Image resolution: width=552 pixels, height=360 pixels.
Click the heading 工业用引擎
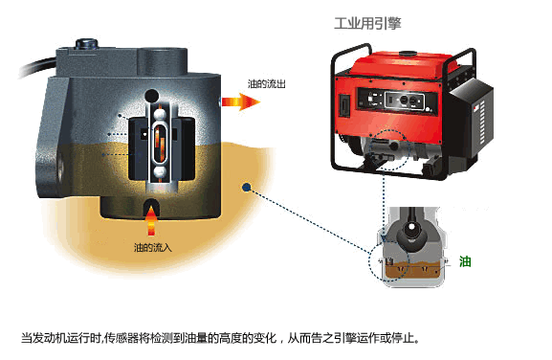(367, 24)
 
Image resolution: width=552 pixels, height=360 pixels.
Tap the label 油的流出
(267, 84)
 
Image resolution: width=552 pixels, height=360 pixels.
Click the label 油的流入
(153, 248)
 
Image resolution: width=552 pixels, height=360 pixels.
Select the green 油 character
(465, 261)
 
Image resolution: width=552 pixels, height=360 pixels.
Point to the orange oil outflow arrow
(241, 102)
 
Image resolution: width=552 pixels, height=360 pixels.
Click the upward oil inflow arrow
(151, 220)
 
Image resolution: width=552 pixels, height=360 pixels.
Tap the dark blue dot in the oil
(247, 188)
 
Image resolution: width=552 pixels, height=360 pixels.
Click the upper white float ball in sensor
(160, 114)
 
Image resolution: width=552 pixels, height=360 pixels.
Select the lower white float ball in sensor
(160, 172)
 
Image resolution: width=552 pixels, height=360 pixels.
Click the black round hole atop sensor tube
(152, 95)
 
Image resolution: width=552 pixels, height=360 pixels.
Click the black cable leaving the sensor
(37, 67)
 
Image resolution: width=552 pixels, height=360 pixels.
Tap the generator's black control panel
(397, 101)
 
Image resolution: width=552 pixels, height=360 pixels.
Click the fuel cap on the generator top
(408, 54)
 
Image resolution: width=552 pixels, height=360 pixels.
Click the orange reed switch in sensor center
(160, 143)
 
